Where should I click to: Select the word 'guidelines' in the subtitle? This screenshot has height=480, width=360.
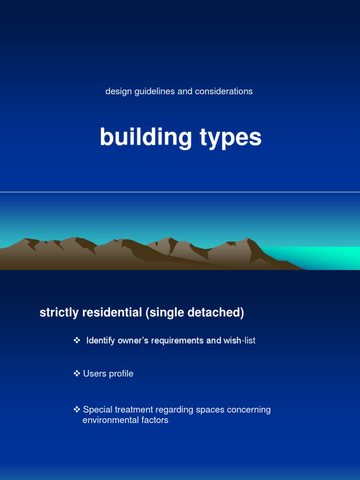click(155, 91)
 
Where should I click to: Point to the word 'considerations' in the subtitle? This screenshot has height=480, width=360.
click(224, 91)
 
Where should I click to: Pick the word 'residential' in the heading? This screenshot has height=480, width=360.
click(112, 313)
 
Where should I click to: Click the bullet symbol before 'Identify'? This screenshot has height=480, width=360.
click(77, 340)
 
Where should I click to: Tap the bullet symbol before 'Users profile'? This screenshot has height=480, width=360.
click(77, 374)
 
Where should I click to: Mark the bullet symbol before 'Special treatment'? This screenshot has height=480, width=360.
click(77, 410)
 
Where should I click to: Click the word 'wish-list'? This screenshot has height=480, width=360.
click(240, 341)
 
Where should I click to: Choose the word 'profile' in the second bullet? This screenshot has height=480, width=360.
click(121, 374)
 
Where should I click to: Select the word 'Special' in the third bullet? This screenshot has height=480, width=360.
click(97, 410)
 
